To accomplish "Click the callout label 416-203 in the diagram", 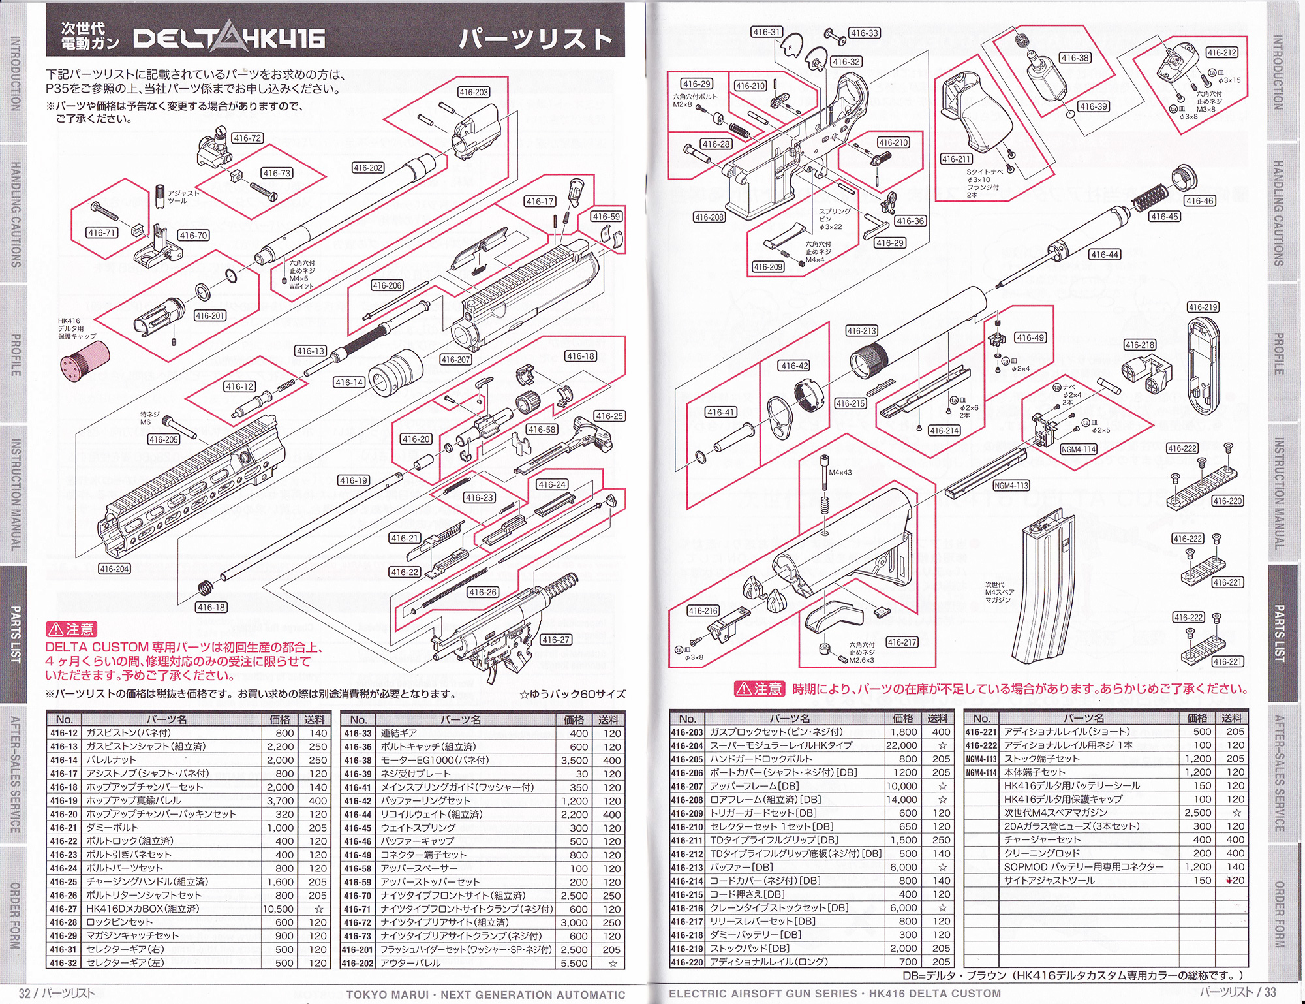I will (x=474, y=92).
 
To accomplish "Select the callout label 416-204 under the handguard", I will (x=114, y=569).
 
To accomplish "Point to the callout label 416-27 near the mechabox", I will (x=556, y=640).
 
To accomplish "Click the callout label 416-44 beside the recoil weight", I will (x=1105, y=255).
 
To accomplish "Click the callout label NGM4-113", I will (x=1011, y=485).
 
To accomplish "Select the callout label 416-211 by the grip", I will (x=957, y=159).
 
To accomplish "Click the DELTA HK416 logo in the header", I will (x=229, y=39).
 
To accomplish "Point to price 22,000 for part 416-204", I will (x=901, y=745).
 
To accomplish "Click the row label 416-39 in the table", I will (x=358, y=774).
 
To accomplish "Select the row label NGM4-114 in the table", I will (x=981, y=772).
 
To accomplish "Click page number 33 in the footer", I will (x=1270, y=992).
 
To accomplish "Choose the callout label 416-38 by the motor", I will (x=1075, y=58).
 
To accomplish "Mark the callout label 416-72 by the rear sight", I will (x=247, y=138).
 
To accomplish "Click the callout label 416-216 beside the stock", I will (x=703, y=611).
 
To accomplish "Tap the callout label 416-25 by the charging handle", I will (x=609, y=416).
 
